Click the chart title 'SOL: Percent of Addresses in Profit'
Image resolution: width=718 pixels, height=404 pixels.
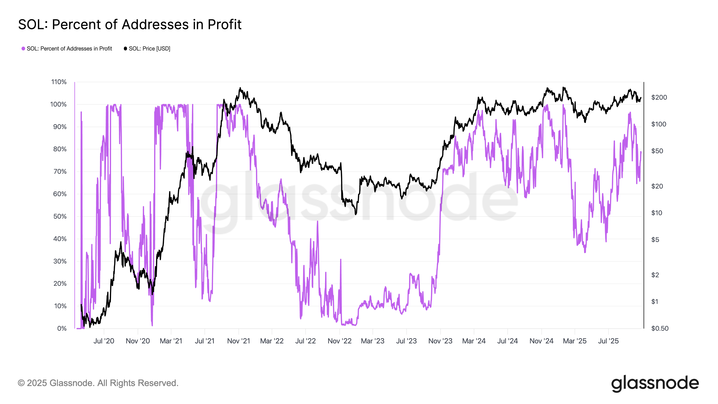tap(130, 24)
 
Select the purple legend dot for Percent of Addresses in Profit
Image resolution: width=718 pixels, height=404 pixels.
tap(23, 48)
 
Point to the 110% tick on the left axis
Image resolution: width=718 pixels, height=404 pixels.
tap(59, 82)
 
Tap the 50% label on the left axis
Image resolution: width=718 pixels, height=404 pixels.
tap(60, 216)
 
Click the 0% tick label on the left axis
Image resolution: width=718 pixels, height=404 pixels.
tap(62, 328)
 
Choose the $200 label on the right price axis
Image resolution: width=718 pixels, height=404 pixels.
tap(659, 97)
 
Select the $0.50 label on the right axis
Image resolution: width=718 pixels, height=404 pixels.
tap(659, 328)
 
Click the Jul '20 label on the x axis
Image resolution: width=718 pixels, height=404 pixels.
tap(104, 341)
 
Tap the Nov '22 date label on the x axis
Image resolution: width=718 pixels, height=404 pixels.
tap(339, 341)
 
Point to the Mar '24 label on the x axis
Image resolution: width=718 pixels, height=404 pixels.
tap(474, 341)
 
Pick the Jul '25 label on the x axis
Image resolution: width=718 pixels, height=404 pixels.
tap(608, 341)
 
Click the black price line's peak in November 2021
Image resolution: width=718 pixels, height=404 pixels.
tap(240, 88)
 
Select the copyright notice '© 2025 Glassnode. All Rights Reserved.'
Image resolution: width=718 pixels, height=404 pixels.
tap(98, 383)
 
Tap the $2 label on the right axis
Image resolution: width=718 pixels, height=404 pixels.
tap(655, 275)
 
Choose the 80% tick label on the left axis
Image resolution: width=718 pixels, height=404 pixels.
tap(60, 149)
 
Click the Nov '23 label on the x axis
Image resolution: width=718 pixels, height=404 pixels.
tap(440, 341)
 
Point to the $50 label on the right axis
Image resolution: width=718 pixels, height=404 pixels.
tap(657, 151)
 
